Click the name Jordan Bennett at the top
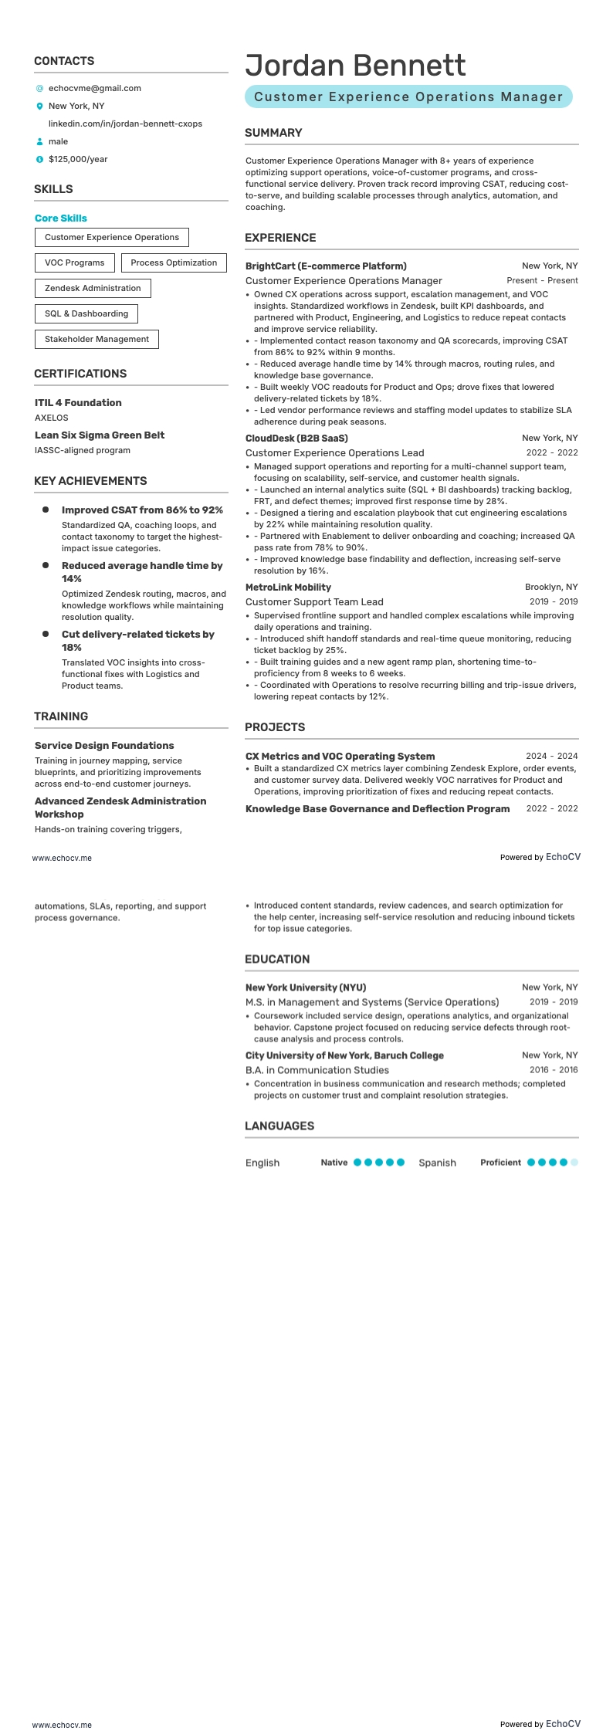pos(355,66)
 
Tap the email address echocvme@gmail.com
pos(94,88)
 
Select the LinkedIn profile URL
pos(125,124)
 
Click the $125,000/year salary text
pos(78,159)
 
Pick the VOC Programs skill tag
pos(74,262)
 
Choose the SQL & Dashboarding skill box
pos(86,313)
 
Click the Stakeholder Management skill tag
pos(97,339)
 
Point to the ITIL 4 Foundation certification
pos(78,402)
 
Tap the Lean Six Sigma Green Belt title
pos(100,435)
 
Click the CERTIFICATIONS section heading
pos(80,374)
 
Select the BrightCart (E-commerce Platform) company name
pos(326,266)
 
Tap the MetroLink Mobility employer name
pos(288,587)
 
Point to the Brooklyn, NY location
pos(551,587)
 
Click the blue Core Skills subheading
pos(61,218)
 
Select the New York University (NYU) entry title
pos(306,987)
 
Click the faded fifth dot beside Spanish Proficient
pos(574,1162)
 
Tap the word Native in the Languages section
pos(334,1162)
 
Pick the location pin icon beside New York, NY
pos(40,106)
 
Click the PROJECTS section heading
pos(275,727)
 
